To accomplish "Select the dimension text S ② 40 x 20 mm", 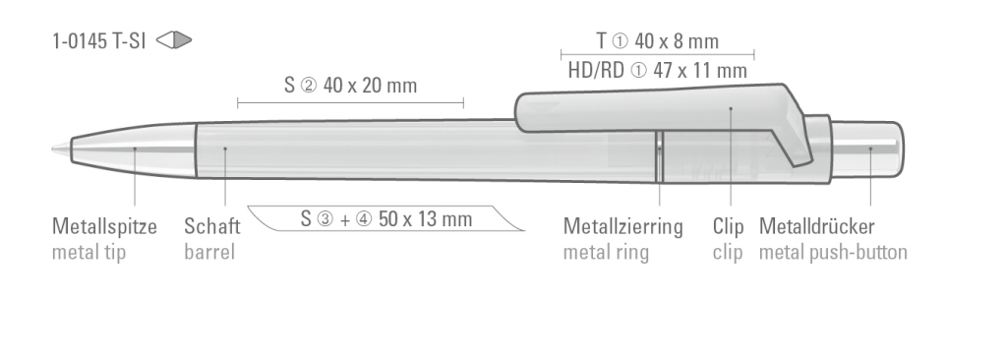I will pos(351,86).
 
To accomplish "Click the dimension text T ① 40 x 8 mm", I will pos(657,41).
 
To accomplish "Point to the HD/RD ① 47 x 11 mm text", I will pos(657,70).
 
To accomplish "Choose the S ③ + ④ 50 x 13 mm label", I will pos(385,217).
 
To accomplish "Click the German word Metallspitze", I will pos(104,227).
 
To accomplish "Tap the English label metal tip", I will pos(89,253).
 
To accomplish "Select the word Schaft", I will pos(211,227).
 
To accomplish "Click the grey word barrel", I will pos(208,253).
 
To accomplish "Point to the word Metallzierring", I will pos(622,227).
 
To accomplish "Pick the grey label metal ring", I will pos(606,253).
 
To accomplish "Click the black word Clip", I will pos(728,227).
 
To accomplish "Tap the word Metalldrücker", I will pos(816,227).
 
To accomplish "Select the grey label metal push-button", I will pos(833,253).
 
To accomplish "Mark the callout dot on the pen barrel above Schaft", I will pos(225,150).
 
